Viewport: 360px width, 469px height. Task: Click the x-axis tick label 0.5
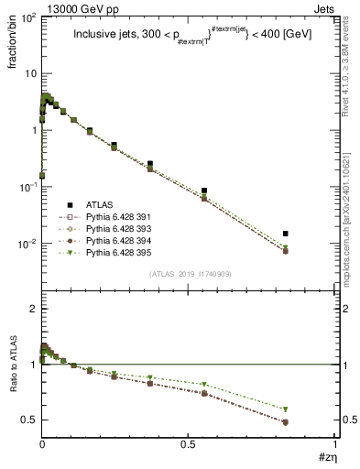189,442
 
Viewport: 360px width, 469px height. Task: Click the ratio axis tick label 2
31,309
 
